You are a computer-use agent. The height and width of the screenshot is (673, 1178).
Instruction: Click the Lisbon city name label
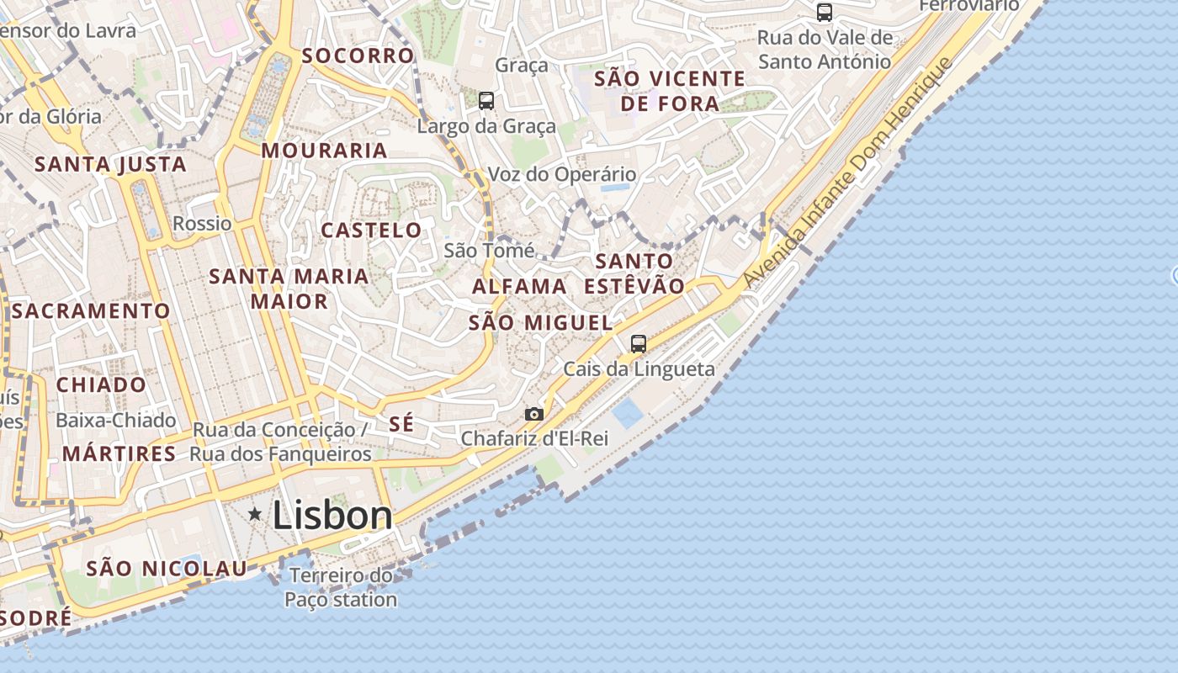(x=332, y=516)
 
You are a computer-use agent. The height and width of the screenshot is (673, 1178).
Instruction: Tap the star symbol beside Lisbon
(x=255, y=513)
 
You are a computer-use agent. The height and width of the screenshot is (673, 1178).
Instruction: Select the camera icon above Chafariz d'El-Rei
(x=533, y=414)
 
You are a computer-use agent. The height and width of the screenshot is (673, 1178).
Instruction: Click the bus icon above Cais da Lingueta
(x=639, y=343)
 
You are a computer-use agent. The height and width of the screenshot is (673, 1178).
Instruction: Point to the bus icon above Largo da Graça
(x=486, y=101)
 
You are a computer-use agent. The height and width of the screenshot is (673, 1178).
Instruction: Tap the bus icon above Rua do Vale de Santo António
(x=825, y=13)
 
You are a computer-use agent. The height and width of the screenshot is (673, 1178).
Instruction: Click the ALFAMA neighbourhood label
(x=519, y=286)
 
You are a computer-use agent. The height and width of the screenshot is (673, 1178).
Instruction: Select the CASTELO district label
(x=371, y=230)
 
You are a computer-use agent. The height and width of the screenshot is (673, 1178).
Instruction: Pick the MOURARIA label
(x=324, y=151)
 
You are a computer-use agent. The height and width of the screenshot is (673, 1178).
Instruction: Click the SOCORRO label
(x=358, y=56)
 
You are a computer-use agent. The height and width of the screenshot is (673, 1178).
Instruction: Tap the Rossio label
(x=202, y=223)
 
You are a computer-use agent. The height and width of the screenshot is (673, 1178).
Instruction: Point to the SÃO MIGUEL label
(x=540, y=322)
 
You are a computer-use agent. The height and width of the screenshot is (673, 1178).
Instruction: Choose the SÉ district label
(x=401, y=424)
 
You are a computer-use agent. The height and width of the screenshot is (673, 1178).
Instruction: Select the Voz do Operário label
(x=562, y=175)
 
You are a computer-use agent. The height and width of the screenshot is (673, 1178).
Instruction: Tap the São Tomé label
(x=489, y=250)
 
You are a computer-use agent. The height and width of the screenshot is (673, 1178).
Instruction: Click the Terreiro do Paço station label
(x=341, y=587)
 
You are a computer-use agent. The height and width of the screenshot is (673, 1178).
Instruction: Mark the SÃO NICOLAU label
(x=167, y=568)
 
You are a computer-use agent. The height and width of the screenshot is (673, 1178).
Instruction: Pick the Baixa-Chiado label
(x=116, y=420)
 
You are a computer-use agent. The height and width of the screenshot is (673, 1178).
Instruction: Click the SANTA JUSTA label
(x=110, y=164)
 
